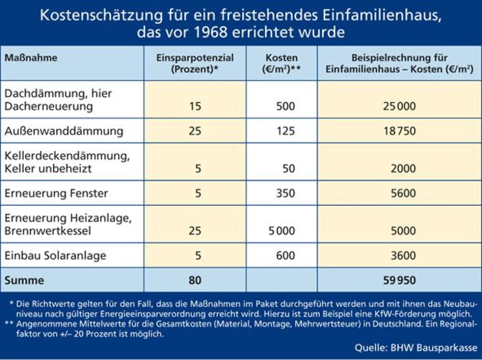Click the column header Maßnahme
point(31,58)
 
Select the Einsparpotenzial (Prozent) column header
point(195,63)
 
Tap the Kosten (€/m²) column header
point(281,63)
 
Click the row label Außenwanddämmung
point(64,131)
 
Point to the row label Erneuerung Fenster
point(56,193)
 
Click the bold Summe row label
point(24,280)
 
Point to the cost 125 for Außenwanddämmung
point(286,131)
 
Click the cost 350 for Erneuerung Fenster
point(286,193)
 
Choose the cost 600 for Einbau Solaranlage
point(286,256)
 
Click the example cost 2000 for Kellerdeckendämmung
point(403,169)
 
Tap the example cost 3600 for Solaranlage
point(403,256)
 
